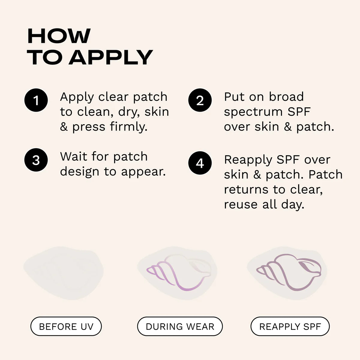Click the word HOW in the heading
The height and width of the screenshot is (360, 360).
coord(59,36)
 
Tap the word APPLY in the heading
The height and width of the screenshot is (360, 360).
coord(111,57)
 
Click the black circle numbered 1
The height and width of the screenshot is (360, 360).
coord(36,100)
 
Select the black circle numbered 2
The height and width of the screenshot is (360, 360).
coord(200,100)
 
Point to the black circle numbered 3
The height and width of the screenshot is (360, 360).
coord(36,160)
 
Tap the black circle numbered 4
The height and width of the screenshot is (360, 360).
coord(200,163)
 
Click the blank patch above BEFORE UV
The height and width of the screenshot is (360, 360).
coord(64,273)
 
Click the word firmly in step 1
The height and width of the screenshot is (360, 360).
coord(129,127)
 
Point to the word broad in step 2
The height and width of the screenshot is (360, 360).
coord(286,97)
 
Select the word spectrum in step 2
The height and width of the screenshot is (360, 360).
coord(253,112)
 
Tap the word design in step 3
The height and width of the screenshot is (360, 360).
coord(79,172)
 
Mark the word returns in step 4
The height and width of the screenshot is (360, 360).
coord(246,190)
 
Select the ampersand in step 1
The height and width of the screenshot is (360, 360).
coord(64,127)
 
